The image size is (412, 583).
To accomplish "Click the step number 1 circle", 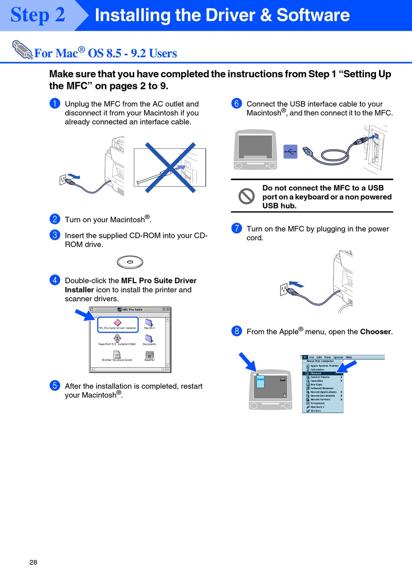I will coord(55,103).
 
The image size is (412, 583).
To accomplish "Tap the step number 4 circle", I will coord(55,280).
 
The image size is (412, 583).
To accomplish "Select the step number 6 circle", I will coord(236,103).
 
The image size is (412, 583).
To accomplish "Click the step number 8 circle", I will coord(236,331).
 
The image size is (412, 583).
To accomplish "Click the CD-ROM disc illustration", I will coord(130,262).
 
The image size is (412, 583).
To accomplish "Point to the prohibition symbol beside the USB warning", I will coord(246,196).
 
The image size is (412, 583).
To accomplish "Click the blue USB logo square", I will coord(290,151).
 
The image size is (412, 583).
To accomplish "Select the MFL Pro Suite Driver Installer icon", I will coord(118,323).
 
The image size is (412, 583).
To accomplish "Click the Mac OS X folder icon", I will coord(149,323).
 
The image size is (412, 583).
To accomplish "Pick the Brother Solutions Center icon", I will coord(117,355).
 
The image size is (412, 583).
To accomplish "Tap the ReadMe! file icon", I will coord(149,355).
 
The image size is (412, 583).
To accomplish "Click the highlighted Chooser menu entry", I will coord(316,373).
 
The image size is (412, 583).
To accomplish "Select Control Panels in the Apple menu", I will coord(320,377).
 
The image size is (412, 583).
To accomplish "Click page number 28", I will coord(33,562).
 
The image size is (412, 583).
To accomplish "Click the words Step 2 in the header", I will coord(38,15).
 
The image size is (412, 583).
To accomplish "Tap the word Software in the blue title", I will coord(313,15).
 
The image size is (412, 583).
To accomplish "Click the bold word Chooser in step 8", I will coord(376,332).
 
